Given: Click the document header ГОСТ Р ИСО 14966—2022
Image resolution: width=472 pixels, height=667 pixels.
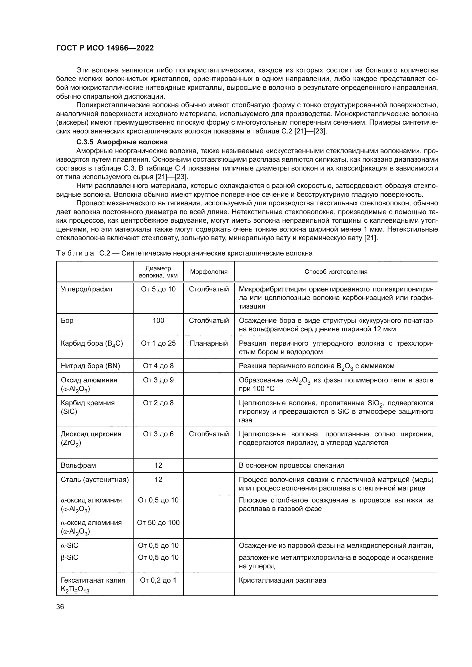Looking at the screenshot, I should pos(105,48).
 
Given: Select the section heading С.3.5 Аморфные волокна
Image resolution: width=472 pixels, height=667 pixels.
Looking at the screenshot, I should pos(122,142).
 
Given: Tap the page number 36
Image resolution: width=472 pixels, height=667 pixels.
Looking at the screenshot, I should pos(60,607).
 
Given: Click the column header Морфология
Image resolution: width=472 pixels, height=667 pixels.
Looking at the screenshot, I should pos(209,272).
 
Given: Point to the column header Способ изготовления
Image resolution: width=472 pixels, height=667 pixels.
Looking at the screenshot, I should pos(336,272).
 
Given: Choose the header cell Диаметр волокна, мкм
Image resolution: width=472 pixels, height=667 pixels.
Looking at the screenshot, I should pos(158,272).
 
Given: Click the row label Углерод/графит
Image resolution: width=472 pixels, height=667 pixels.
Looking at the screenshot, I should pos(87,289).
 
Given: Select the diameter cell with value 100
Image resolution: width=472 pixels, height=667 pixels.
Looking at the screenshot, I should pos(158,321).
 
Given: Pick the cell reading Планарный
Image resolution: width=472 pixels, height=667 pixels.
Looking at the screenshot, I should pos(209,343).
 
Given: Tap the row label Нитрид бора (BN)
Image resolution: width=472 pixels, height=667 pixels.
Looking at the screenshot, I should pos(90,366).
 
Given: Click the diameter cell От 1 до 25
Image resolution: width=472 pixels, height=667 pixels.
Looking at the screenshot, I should pos(158,343).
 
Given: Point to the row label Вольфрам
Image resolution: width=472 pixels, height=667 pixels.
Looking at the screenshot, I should pos(78,465).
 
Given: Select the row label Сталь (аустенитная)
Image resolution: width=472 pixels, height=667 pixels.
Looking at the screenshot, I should pos(94,479).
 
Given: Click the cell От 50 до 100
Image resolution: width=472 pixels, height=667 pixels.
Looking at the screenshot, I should pos(158,523).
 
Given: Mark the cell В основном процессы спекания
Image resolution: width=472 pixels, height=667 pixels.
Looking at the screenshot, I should pos(291,465).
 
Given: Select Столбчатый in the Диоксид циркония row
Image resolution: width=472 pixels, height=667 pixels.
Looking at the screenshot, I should pos(209,434).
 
